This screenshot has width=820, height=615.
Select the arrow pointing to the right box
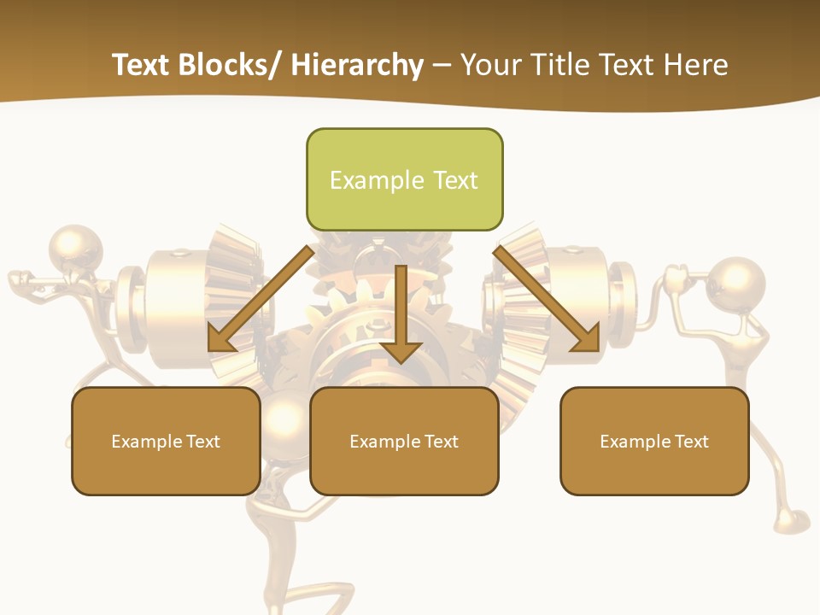pyautogui.click(x=548, y=299)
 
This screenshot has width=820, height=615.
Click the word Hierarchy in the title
pyautogui.click(x=357, y=65)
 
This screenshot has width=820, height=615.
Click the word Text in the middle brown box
pyautogui.click(x=441, y=442)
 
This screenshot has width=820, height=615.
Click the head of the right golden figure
pyautogui.click(x=737, y=282)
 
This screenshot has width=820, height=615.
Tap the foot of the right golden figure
pyautogui.click(x=789, y=521)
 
